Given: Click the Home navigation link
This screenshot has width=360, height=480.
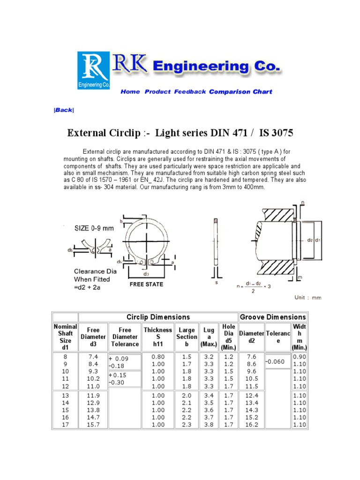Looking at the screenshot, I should (130, 92).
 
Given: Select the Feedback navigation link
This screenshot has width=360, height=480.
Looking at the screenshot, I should (190, 92).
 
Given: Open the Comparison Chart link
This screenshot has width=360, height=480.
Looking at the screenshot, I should (240, 92).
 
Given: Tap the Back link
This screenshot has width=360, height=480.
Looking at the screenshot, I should (64, 110).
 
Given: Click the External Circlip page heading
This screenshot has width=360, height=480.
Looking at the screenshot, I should (180, 133).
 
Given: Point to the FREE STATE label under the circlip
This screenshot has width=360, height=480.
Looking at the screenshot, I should (146, 285).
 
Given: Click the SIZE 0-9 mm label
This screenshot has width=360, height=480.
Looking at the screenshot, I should (94, 228).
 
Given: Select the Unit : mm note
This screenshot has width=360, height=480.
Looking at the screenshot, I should (308, 298).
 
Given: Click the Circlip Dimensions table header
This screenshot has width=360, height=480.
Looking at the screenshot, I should (158, 317).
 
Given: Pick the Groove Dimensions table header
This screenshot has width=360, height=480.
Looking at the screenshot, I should (273, 317).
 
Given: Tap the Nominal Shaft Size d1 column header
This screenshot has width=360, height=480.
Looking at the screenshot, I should (65, 337).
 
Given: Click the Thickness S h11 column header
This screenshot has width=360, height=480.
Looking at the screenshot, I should (158, 337).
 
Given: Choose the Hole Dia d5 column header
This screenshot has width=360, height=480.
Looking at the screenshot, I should (229, 337).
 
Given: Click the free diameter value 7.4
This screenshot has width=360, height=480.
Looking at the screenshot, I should (94, 357).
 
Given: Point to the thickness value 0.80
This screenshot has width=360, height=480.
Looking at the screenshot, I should (158, 357).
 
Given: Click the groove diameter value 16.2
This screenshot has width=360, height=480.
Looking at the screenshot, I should (252, 425).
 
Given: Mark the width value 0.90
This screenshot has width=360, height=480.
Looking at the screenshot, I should (299, 357).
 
